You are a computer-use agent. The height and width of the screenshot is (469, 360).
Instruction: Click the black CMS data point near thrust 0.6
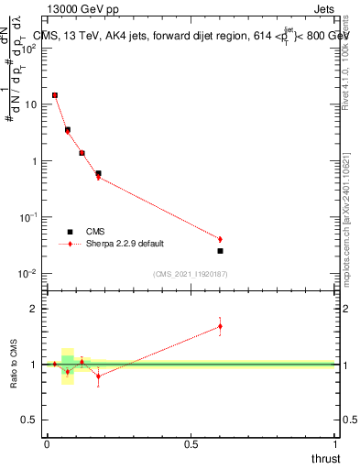point(220,251)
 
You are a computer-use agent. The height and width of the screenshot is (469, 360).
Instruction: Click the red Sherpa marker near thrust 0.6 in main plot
point(220,239)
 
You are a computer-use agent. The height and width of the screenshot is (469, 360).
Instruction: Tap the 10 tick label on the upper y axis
point(30,104)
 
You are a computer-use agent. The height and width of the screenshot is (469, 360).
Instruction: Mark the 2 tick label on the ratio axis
point(35,309)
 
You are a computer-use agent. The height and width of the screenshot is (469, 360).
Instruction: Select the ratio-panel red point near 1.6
point(220,326)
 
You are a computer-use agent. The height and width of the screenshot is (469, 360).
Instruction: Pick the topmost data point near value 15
point(55,94)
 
